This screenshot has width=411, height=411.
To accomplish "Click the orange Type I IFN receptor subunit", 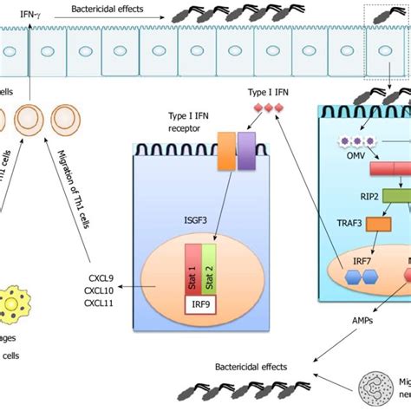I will (x=228, y=148).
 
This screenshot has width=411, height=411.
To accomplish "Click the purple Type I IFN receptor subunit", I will (x=246, y=148).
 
